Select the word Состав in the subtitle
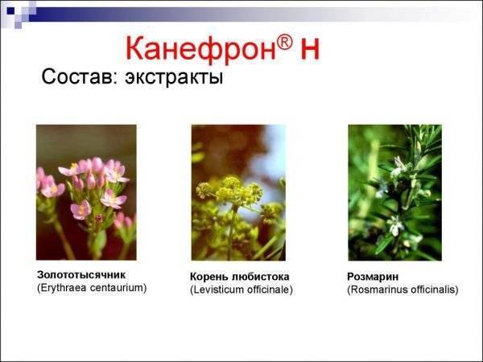tap(76, 79)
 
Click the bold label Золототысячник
tap(82, 274)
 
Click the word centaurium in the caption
tap(121, 286)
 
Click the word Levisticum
tap(221, 289)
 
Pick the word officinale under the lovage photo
tap(272, 289)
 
